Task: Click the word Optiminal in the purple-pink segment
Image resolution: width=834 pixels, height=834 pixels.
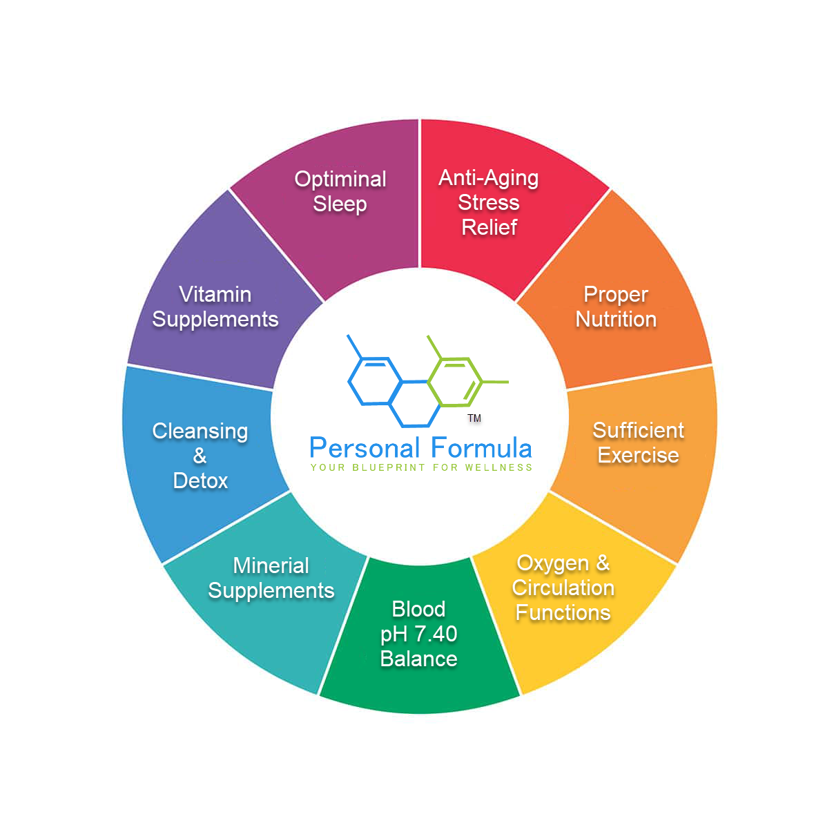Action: [340, 179]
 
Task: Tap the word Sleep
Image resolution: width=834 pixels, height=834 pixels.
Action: [340, 204]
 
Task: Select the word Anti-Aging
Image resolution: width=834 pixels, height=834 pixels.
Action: [488, 178]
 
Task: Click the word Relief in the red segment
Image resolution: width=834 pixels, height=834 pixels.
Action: [489, 227]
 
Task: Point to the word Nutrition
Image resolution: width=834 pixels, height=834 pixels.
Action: [616, 319]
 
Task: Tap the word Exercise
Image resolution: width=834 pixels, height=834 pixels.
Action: [638, 455]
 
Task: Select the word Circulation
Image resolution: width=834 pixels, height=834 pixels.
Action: [563, 588]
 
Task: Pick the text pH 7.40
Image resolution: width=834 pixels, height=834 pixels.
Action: [418, 634]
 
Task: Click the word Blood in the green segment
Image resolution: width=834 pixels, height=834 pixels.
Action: [418, 609]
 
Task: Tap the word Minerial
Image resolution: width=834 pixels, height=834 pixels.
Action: [271, 565]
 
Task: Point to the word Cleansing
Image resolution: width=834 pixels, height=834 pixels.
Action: [200, 431]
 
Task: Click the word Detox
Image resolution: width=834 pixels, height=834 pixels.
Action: [200, 481]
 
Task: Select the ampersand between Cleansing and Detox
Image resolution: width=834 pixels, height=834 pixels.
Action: [200, 456]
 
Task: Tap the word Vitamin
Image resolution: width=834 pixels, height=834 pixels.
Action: [215, 294]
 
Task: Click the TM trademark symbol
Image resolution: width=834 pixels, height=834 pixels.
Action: [474, 418]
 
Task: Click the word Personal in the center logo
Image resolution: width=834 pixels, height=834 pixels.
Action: [364, 449]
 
